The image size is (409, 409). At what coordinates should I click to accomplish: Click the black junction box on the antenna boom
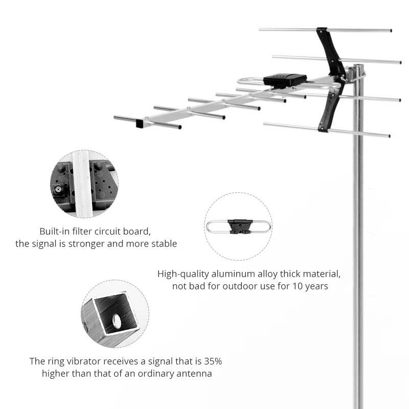285,80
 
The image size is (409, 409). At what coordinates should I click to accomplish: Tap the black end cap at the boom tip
140,123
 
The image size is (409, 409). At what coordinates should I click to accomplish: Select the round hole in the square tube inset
117,321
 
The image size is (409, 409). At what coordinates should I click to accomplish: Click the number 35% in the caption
211,361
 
